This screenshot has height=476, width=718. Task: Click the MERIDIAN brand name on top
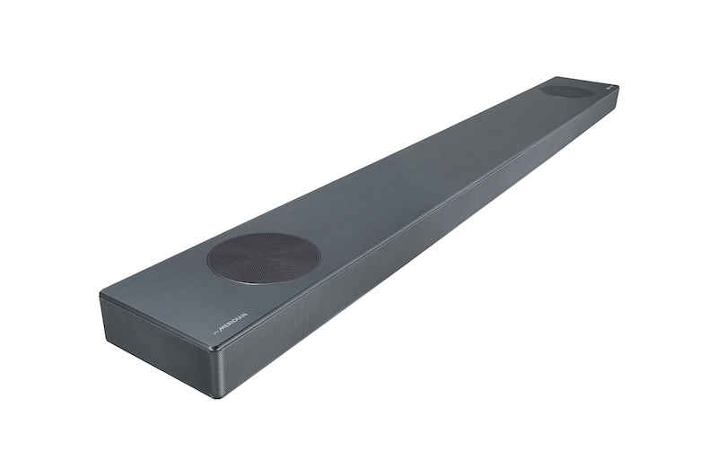[x=232, y=322]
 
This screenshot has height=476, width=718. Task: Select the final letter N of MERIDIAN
[x=245, y=316]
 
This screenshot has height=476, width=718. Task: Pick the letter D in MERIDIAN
[x=234, y=321]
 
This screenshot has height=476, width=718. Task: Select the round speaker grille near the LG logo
[x=568, y=91]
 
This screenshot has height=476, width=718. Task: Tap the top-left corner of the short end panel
[x=101, y=295]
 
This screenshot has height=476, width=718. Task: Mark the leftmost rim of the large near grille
[x=207, y=261]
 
